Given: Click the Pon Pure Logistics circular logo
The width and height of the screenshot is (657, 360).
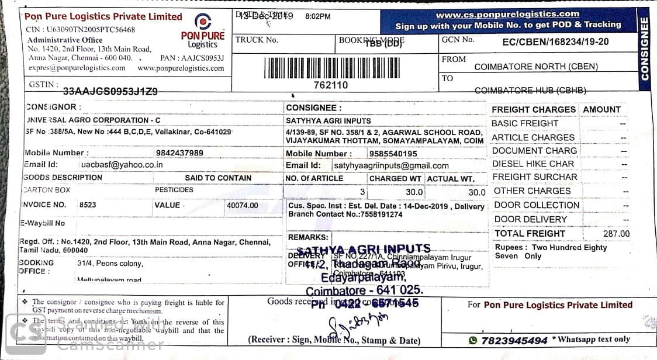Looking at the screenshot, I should [x=202, y=23].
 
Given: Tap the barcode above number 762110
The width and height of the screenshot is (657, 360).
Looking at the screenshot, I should [x=331, y=68].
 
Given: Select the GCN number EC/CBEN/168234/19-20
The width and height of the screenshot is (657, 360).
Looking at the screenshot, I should [x=555, y=41].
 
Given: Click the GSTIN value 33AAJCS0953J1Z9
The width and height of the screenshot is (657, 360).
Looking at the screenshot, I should [x=110, y=91].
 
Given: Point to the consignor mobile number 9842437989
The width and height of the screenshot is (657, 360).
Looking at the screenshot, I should [x=180, y=153].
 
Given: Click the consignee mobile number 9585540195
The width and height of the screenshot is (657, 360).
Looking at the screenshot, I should [x=393, y=153].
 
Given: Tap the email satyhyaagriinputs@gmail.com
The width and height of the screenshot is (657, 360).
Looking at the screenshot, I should [x=390, y=165].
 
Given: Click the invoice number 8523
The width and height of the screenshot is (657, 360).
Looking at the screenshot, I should [x=88, y=205].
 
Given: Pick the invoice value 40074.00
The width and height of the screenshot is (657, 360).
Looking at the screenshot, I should [x=241, y=206].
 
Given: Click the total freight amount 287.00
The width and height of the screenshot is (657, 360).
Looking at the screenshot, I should [x=616, y=234].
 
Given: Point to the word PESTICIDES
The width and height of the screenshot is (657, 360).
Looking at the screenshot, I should [x=174, y=190].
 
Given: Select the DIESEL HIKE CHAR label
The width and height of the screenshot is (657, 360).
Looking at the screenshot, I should [x=533, y=164].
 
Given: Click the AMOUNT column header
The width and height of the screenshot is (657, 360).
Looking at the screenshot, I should [x=601, y=109].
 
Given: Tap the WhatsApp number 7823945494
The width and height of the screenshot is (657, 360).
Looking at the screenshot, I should [x=514, y=340].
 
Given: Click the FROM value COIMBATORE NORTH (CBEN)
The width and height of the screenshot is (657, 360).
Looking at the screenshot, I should [x=536, y=67].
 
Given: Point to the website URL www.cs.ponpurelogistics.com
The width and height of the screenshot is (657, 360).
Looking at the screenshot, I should [x=507, y=14].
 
